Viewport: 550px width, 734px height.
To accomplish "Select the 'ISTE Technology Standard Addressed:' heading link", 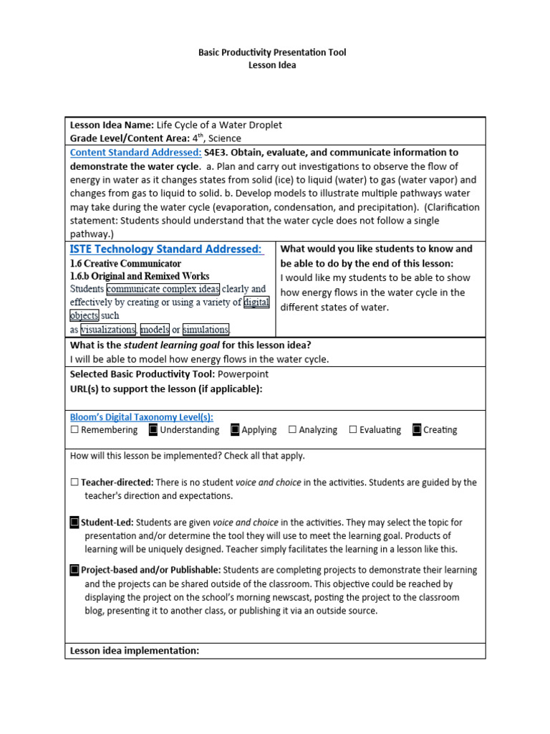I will tap(166, 249).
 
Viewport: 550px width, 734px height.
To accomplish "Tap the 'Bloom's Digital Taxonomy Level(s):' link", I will tap(141, 416).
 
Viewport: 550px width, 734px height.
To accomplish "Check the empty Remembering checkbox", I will tap(74, 430).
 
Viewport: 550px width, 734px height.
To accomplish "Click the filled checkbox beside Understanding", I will tap(153, 430).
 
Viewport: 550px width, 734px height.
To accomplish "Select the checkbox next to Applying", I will tap(235, 430).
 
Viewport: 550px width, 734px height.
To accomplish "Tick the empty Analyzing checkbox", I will tap(292, 430).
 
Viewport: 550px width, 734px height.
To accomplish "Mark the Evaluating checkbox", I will tap(353, 430).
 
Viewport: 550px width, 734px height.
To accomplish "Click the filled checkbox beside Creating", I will tap(417, 430).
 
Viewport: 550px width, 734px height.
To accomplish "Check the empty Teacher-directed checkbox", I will tap(74, 483).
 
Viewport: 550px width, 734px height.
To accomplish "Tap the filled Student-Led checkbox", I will tap(74, 523).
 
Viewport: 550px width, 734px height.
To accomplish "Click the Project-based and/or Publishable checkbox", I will tap(74, 571).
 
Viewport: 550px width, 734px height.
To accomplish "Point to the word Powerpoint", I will tap(245, 374).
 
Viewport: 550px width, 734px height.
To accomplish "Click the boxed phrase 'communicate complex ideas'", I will tap(163, 290).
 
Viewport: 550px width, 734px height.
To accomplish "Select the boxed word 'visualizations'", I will tap(108, 330).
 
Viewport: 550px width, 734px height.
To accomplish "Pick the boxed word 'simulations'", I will tap(206, 330).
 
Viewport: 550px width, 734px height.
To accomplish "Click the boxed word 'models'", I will tap(155, 330).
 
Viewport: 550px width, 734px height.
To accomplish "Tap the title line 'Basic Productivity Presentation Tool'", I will tap(271, 52).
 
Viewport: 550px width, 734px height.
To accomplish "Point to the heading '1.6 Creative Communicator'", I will tap(125, 263).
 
